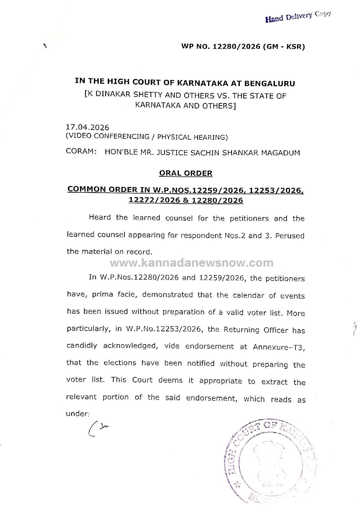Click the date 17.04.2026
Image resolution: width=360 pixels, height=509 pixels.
[87, 127]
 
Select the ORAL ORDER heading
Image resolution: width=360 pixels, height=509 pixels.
[186, 173]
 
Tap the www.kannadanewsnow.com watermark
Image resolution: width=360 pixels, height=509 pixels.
[192, 263]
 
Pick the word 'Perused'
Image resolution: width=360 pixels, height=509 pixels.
[290, 236]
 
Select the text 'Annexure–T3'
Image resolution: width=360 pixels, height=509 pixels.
[279, 347]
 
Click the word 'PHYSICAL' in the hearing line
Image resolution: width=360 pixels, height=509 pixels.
[173, 137]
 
